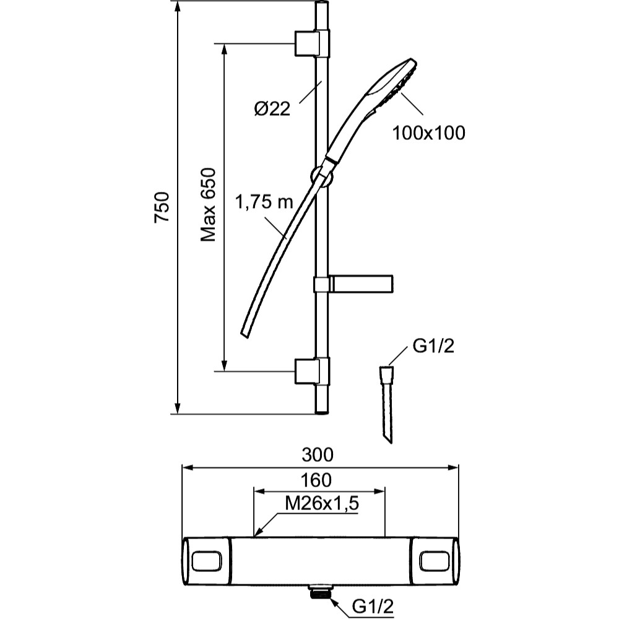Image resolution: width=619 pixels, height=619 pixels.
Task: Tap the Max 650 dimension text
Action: tap(209, 204)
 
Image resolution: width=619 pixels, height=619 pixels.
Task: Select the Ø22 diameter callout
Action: tap(272, 109)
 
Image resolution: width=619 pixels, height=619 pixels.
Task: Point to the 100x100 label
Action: tap(429, 132)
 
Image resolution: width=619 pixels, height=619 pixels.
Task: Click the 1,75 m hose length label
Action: tap(264, 203)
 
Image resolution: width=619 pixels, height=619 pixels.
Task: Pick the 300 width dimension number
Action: tap(318, 454)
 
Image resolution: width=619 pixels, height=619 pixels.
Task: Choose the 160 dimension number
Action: tap(316, 480)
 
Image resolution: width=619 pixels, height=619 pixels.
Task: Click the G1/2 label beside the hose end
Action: tap(433, 347)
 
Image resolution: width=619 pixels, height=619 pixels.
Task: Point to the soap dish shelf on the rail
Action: tap(362, 284)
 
